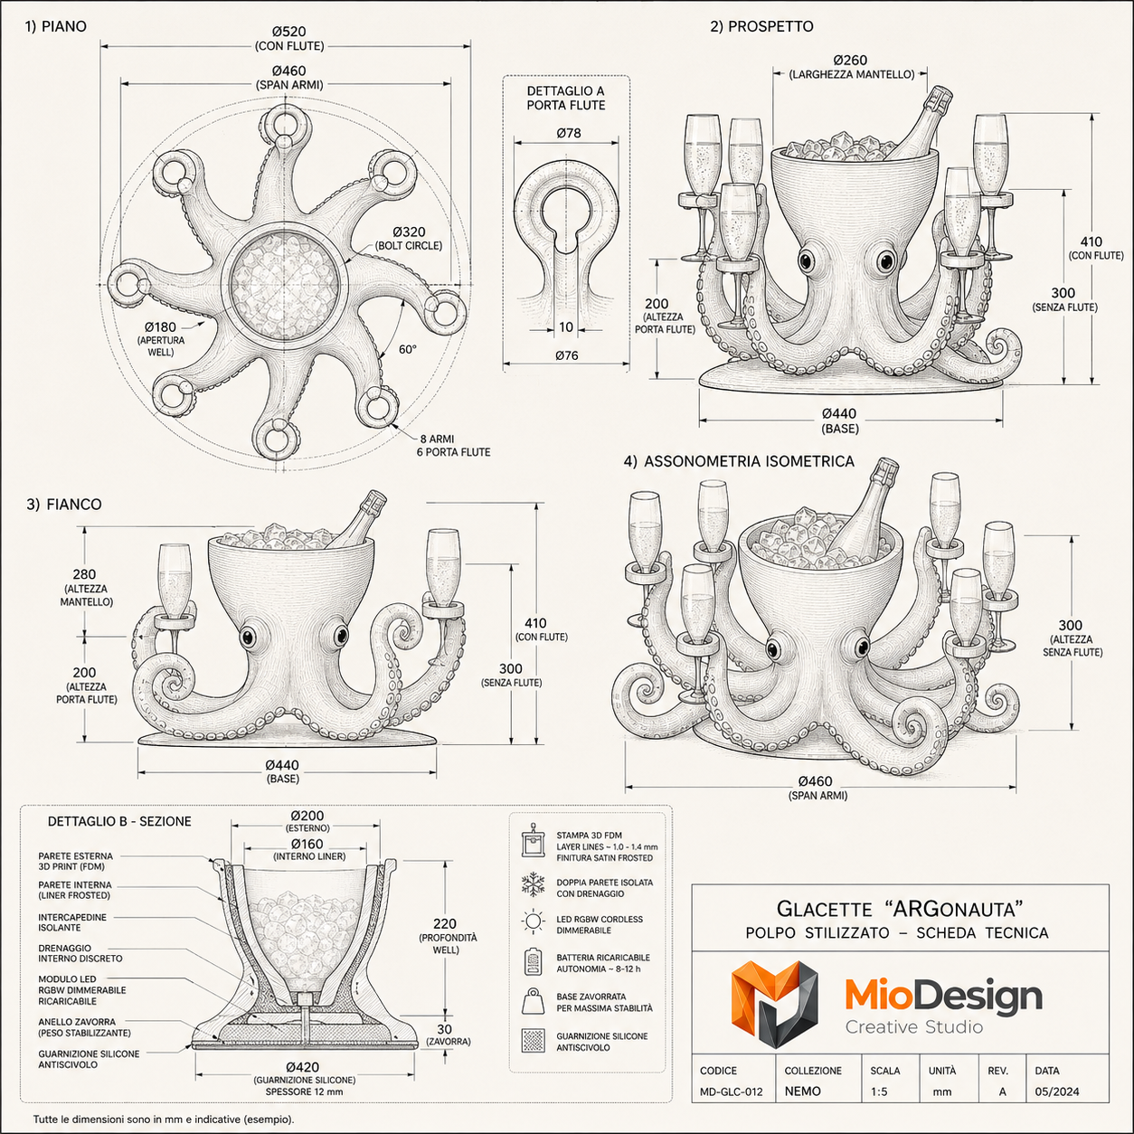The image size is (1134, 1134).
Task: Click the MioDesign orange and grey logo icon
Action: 774,1004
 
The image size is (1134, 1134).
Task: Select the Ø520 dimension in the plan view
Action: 289,32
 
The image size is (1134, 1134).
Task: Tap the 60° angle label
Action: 407,350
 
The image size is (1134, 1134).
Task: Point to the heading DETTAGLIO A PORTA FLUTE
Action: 565,99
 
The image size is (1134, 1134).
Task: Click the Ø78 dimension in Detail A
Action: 569,133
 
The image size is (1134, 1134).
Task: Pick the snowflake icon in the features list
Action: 533,885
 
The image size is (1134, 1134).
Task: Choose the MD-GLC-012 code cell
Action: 731,1091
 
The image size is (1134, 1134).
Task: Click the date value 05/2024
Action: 1057,1091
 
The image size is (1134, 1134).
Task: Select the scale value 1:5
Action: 879,1091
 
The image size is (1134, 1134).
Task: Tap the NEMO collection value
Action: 802,1091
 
